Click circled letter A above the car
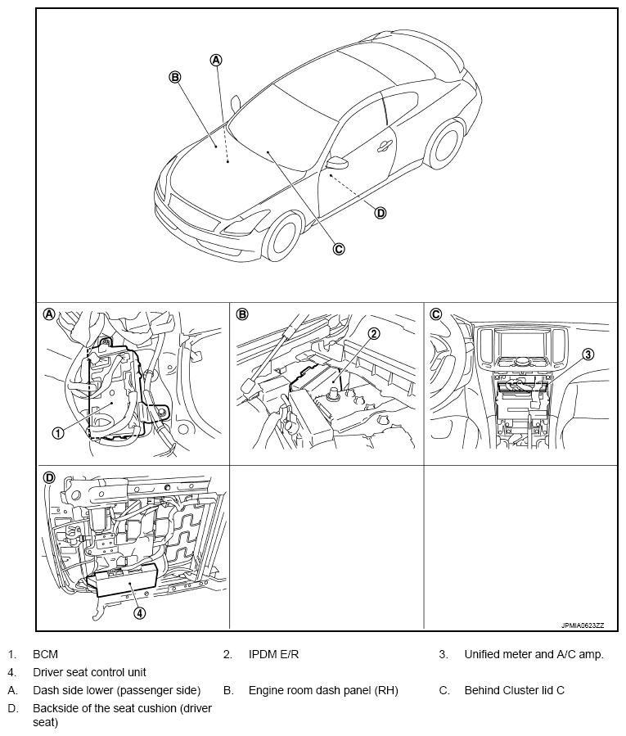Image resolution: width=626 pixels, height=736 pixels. [x=216, y=59]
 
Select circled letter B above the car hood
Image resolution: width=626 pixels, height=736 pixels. [x=174, y=76]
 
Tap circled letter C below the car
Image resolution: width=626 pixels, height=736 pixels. [x=338, y=249]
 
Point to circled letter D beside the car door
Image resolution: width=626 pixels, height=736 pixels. [x=380, y=213]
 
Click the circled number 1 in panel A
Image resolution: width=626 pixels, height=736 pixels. [x=58, y=433]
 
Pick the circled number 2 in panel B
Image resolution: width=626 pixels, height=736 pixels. [x=374, y=333]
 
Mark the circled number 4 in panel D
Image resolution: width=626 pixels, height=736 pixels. [x=140, y=612]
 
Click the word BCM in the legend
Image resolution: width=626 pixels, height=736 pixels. [x=45, y=654]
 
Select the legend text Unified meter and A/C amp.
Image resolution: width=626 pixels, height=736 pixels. [x=534, y=654]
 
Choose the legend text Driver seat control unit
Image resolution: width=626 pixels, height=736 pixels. [x=89, y=672]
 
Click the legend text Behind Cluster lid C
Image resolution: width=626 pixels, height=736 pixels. [x=514, y=690]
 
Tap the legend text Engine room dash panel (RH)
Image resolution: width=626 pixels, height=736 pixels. [x=323, y=690]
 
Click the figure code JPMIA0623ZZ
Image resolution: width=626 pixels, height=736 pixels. [x=582, y=625]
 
